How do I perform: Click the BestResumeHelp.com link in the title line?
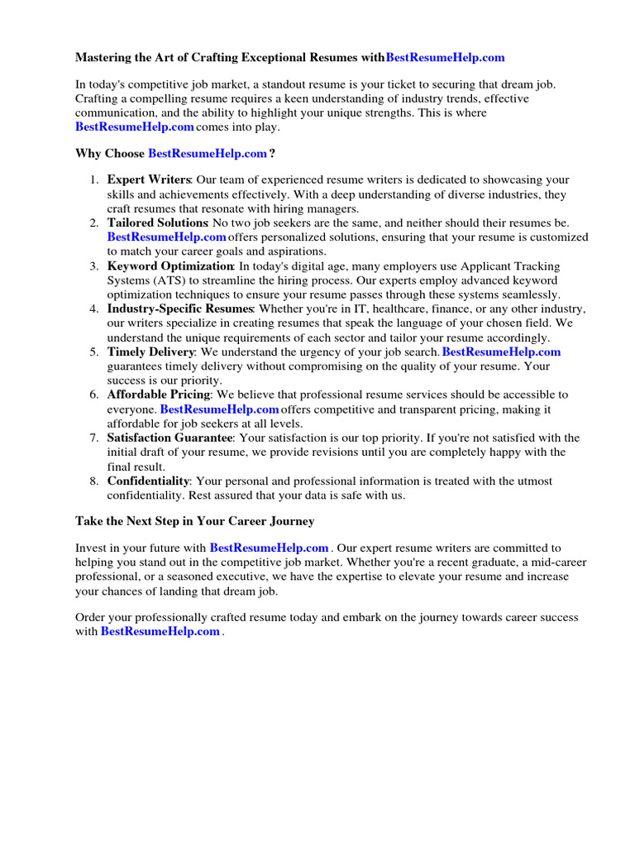(x=445, y=58)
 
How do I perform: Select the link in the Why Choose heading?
(x=208, y=154)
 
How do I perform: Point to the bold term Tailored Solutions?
(x=157, y=223)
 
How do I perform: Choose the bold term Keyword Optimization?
(x=170, y=266)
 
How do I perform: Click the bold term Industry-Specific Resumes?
(x=179, y=309)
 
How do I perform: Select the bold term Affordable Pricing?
(x=159, y=395)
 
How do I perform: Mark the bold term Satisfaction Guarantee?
(x=170, y=438)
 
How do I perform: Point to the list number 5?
(x=93, y=352)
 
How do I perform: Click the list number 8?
(x=93, y=481)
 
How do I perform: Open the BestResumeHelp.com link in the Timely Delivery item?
(x=502, y=352)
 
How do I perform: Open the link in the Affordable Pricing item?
(x=219, y=409)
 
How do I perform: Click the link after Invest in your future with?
(x=270, y=548)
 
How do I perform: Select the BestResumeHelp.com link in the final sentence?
(x=160, y=631)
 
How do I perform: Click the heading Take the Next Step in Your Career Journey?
(x=194, y=521)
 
